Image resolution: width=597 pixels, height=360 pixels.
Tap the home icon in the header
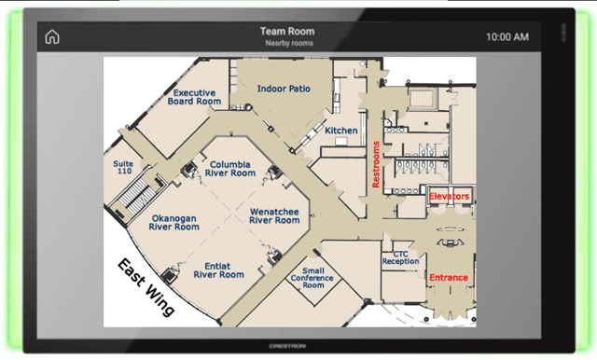pyautogui.click(x=52, y=37)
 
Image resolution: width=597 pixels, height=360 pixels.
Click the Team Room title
pyautogui.click(x=287, y=31)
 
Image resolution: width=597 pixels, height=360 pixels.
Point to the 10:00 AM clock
pyautogui.click(x=507, y=37)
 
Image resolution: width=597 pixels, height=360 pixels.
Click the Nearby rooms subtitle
pyautogui.click(x=289, y=44)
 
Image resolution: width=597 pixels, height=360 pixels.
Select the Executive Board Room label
pyautogui.click(x=194, y=97)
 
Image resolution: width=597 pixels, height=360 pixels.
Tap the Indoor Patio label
pyautogui.click(x=284, y=89)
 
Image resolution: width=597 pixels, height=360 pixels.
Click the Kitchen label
pyautogui.click(x=341, y=131)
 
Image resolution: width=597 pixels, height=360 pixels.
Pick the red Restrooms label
pyautogui.click(x=376, y=164)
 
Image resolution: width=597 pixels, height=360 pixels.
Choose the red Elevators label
pyautogui.click(x=449, y=197)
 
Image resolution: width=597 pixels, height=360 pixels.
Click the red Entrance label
pyautogui.click(x=449, y=277)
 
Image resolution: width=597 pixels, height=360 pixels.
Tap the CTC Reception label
pyautogui.click(x=400, y=257)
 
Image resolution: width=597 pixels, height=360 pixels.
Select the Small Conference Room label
pyautogui.click(x=312, y=278)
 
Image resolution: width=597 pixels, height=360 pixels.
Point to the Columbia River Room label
pyautogui.click(x=230, y=169)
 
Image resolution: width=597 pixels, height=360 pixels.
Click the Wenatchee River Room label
pyautogui.click(x=274, y=215)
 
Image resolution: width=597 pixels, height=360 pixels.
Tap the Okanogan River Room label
pyautogui.click(x=174, y=223)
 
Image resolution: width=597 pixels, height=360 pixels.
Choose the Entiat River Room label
pyautogui.click(x=218, y=270)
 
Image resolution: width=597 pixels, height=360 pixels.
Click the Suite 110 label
pyautogui.click(x=123, y=168)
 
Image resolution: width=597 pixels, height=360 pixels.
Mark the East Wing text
pyautogui.click(x=146, y=286)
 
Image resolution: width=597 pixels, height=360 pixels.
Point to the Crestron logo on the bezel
pyautogui.click(x=287, y=346)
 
